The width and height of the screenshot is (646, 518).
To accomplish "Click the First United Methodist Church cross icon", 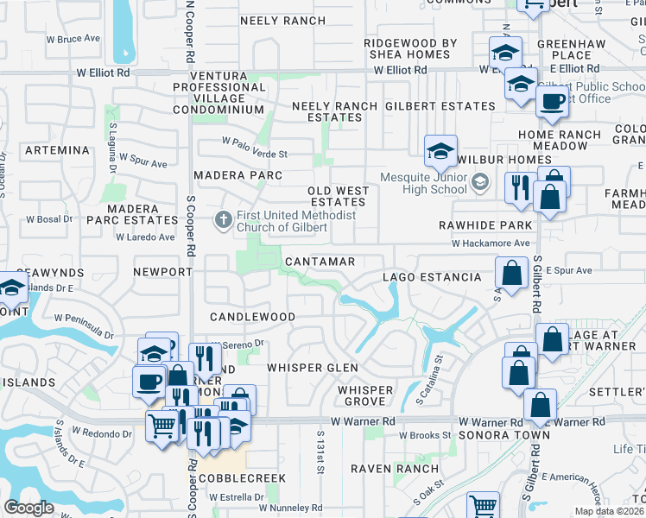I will (223, 220).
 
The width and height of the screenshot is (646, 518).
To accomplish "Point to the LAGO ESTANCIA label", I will (432, 277).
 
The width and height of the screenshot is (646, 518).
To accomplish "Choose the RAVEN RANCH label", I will (383, 469).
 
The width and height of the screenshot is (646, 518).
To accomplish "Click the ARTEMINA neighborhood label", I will (58, 150).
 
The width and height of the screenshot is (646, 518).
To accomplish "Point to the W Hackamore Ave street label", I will (490, 244).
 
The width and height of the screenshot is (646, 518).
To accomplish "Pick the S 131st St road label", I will (320, 453).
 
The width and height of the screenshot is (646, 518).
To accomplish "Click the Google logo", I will (28, 508).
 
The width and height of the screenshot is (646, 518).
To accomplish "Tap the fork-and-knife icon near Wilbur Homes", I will (519, 187).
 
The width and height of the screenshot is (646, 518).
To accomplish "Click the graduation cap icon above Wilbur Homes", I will (440, 151).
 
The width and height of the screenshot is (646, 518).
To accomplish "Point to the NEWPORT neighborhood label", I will (162, 271).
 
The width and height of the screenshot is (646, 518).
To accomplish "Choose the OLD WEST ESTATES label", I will (337, 196).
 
